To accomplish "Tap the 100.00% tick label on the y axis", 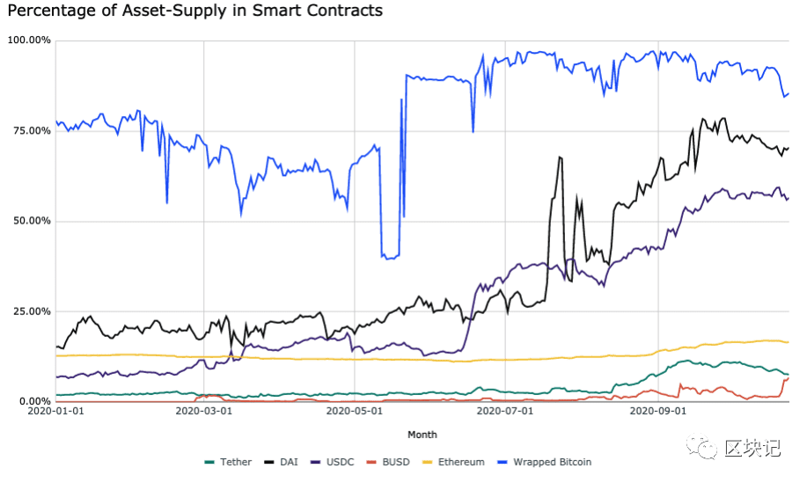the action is click(29, 40).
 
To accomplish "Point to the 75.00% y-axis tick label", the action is click(32, 131).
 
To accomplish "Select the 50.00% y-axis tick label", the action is click(32, 221).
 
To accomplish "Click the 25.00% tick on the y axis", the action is click(32, 311).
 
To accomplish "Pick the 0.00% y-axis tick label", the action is click(34, 401).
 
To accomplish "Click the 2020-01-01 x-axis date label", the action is click(55, 411).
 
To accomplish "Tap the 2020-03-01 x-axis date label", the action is click(204, 411).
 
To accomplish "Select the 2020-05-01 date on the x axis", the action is click(355, 411).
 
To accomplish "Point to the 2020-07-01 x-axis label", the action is click(505, 411).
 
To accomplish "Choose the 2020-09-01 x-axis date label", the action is click(658, 411).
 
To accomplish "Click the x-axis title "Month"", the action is click(422, 435).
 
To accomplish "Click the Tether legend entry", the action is click(228, 462).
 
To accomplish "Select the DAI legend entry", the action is click(281, 462).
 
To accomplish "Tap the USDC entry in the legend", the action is click(333, 462).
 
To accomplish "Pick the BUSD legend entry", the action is click(388, 462).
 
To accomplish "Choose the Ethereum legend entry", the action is click(453, 462).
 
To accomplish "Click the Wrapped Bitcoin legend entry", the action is click(545, 462).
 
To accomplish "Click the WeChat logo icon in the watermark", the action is click(701, 446).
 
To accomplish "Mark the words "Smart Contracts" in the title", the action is click(316, 11).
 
